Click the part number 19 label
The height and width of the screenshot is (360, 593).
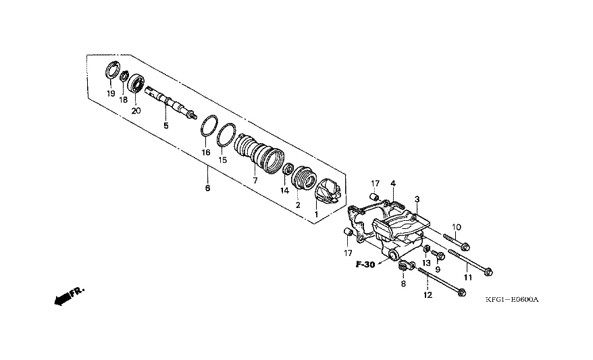point(111,93)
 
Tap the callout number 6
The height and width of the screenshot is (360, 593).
point(207,188)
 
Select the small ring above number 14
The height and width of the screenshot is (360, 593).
point(287,168)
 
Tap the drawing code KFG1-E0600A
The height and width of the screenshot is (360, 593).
point(515,300)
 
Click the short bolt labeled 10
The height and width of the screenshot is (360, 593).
point(457,240)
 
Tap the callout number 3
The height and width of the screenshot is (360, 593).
point(417,199)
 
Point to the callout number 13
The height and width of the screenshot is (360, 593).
point(426,263)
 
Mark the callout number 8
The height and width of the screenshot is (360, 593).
point(403,284)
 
